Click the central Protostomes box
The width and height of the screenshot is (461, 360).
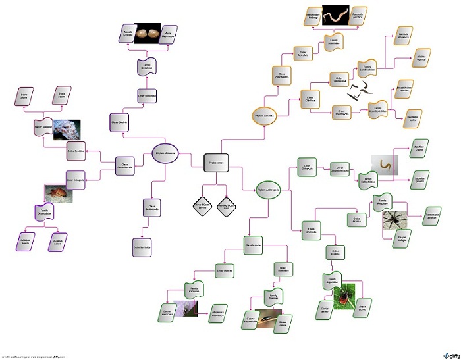pos(216,162)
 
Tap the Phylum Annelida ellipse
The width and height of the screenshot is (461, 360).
pos(263,116)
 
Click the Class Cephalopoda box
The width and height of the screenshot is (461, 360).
pos(126,165)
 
